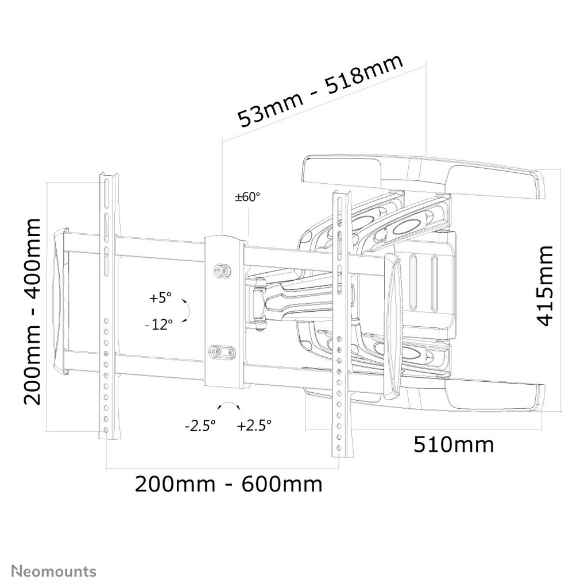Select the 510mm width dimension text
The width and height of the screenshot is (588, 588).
point(454,445)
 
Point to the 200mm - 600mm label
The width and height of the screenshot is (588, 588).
point(229,484)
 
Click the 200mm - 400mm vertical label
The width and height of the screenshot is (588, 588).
point(32,311)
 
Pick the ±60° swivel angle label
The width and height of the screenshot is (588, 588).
point(247,197)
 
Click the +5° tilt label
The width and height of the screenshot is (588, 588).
point(160,298)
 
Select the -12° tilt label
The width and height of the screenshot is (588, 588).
point(159,324)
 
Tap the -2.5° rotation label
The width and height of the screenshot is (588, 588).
point(200,425)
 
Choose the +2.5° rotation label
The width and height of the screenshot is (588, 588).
point(254,425)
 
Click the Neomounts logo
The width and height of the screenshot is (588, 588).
point(54,571)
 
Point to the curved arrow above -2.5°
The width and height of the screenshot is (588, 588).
point(229,404)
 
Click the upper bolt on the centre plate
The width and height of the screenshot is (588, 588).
point(223,270)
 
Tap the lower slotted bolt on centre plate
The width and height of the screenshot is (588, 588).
point(222,352)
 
